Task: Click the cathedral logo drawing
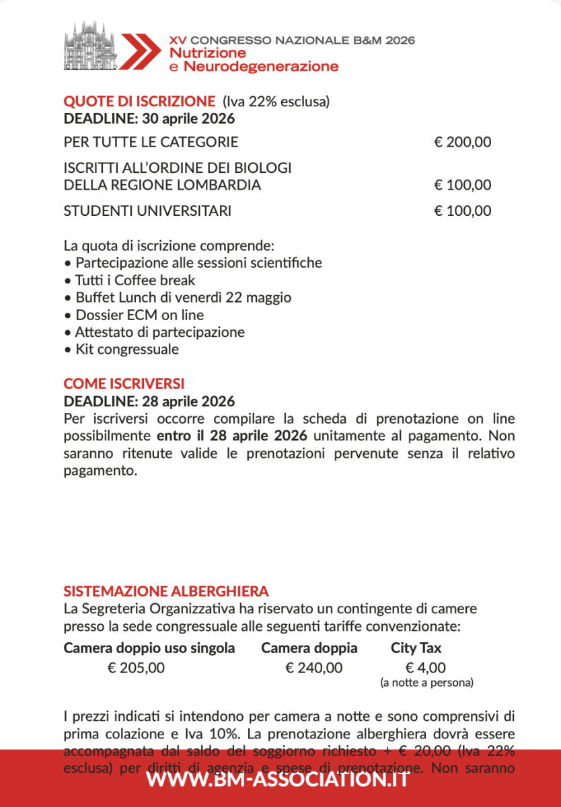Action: (x=90, y=46)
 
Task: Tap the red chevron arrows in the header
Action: (x=140, y=50)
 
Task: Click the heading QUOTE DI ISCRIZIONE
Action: (x=139, y=102)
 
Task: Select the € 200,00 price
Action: (x=463, y=142)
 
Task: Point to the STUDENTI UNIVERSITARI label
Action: (x=147, y=211)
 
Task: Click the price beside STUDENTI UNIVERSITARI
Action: (x=463, y=211)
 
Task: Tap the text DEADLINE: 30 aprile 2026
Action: (x=149, y=119)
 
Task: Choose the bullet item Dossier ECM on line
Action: (x=139, y=315)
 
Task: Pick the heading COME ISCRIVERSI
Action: (x=124, y=384)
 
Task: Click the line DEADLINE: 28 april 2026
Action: (x=149, y=401)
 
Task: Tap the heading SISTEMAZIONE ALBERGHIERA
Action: (x=166, y=592)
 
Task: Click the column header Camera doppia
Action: (x=309, y=648)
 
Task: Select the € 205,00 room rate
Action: (x=136, y=668)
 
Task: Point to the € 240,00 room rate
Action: (x=314, y=668)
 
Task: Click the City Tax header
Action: (x=416, y=648)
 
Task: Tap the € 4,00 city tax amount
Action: (x=426, y=668)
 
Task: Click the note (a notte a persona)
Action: (x=426, y=683)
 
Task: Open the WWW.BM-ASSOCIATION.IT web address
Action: (x=278, y=779)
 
